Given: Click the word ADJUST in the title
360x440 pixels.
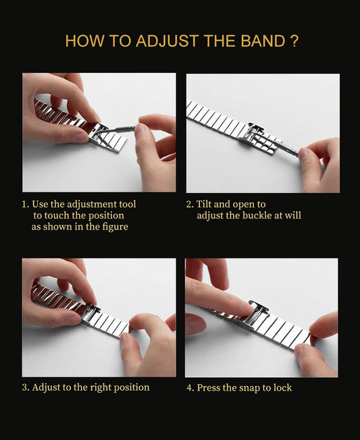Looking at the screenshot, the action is [167, 41].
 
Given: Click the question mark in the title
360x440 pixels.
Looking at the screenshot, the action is [294, 41].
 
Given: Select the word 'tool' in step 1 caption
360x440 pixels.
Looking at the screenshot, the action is [127, 204].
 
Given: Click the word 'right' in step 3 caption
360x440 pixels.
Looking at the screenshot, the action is [101, 387].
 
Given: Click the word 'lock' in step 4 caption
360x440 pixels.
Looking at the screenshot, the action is [282, 387].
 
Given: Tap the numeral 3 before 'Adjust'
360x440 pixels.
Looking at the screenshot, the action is [25, 387].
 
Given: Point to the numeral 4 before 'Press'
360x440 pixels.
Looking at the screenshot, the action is [190, 388].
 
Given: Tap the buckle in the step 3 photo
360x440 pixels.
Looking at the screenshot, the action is [92, 314].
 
